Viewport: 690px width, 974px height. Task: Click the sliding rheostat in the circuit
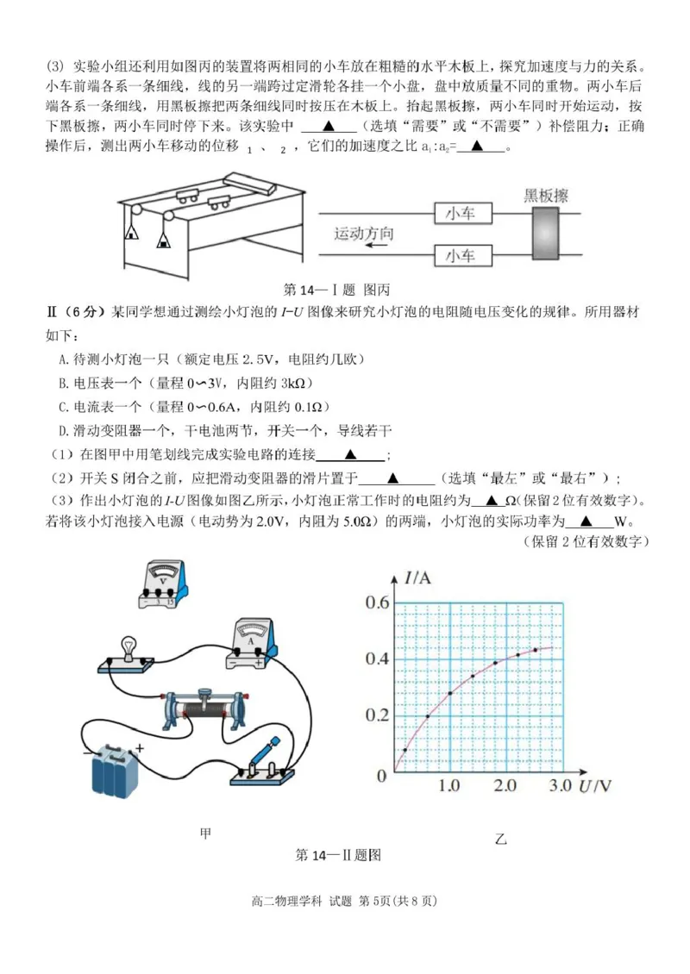pos(204,711)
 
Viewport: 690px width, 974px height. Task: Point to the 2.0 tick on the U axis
pos(505,786)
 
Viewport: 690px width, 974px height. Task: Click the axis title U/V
pos(595,785)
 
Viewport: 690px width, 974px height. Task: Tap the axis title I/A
pos(418,578)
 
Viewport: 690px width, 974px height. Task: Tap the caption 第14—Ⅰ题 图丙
pos(337,290)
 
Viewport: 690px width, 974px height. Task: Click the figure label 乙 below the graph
pos(501,838)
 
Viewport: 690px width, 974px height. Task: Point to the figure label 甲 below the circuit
pos(205,833)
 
